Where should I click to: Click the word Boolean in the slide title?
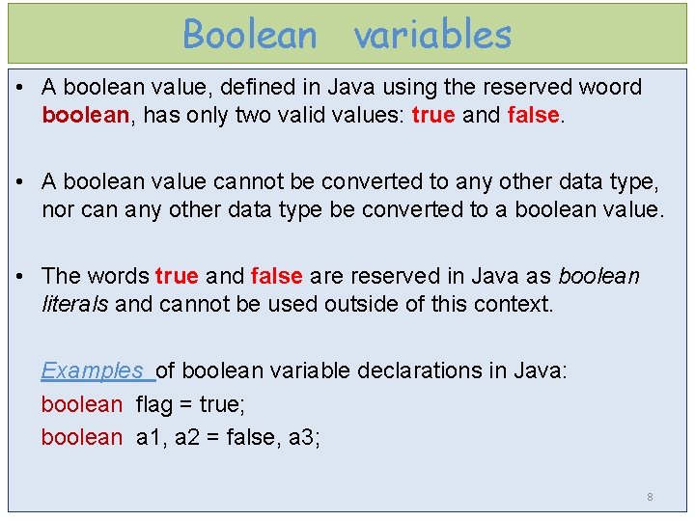[x=250, y=35]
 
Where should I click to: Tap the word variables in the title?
[x=431, y=35]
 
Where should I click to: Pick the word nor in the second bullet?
[x=57, y=210]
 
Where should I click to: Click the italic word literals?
[x=74, y=305]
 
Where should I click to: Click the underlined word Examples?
[x=93, y=370]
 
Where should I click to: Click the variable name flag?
[x=157, y=404]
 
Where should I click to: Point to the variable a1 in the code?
[x=151, y=437]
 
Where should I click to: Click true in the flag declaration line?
[x=221, y=404]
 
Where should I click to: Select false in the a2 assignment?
[x=252, y=437]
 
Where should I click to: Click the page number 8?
[x=650, y=497]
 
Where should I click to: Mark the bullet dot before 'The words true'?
[x=22, y=276]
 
